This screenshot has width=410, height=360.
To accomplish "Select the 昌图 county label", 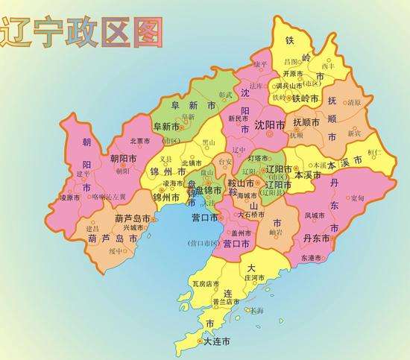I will pyautogui.click(x=291, y=60).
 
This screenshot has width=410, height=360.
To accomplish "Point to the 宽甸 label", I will pyautogui.click(x=357, y=198).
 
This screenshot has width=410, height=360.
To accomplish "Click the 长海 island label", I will pyautogui.click(x=256, y=309).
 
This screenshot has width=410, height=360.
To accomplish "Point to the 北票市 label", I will pyautogui.click(x=140, y=141).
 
